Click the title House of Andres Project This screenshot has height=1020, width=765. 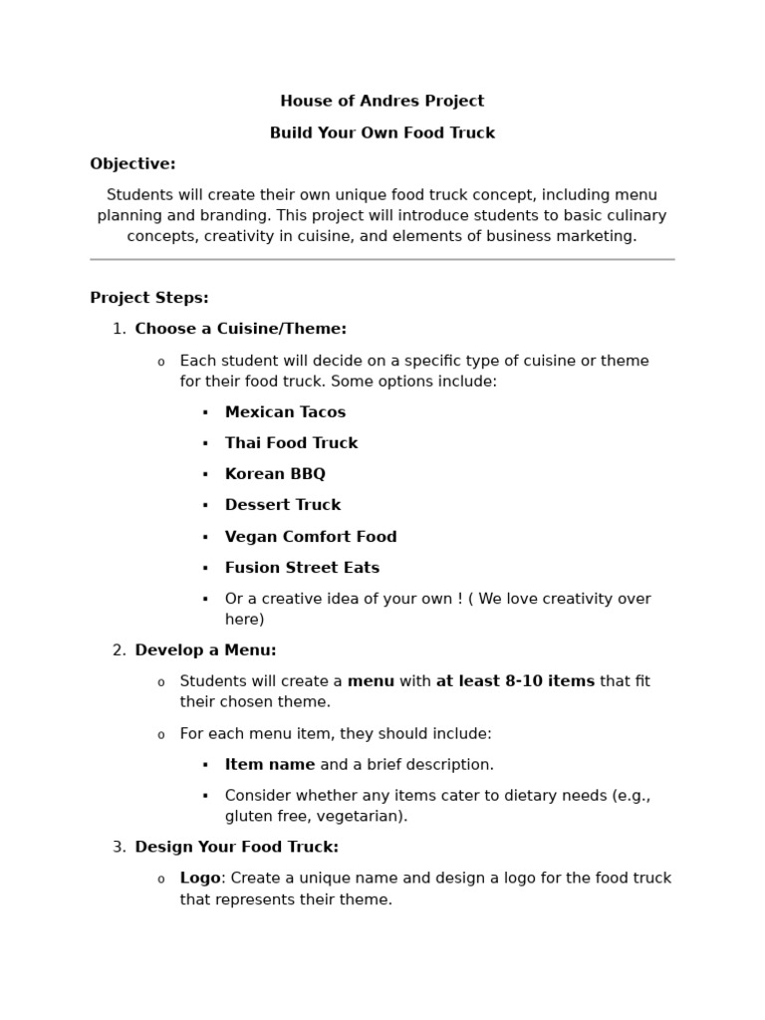pyautogui.click(x=382, y=102)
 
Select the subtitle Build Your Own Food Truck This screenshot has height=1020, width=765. pyautogui.click(x=382, y=133)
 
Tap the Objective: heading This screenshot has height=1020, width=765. pyautogui.click(x=132, y=164)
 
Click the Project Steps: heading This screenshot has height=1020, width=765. pyautogui.click(x=149, y=298)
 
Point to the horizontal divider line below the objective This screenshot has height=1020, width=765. pyautogui.click(x=382, y=260)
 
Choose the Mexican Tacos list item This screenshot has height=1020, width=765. pyautogui.click(x=285, y=412)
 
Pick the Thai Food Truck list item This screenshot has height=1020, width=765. pyautogui.click(x=291, y=443)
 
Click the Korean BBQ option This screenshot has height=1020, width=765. pyautogui.click(x=275, y=474)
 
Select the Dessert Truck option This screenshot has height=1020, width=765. pyautogui.click(x=283, y=505)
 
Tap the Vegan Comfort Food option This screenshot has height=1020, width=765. pyautogui.click(x=311, y=537)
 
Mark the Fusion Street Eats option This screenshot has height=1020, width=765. pyautogui.click(x=302, y=568)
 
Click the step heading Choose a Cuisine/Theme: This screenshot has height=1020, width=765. pyautogui.click(x=240, y=329)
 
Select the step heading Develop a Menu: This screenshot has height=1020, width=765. pyautogui.click(x=205, y=650)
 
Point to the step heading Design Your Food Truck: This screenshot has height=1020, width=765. pyautogui.click(x=236, y=847)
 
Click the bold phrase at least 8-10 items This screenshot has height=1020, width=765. pyautogui.click(x=515, y=681)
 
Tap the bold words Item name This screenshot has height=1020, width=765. pyautogui.click(x=269, y=765)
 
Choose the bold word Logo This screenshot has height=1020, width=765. pyautogui.click(x=199, y=879)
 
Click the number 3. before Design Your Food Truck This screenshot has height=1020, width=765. pyautogui.click(x=119, y=847)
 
